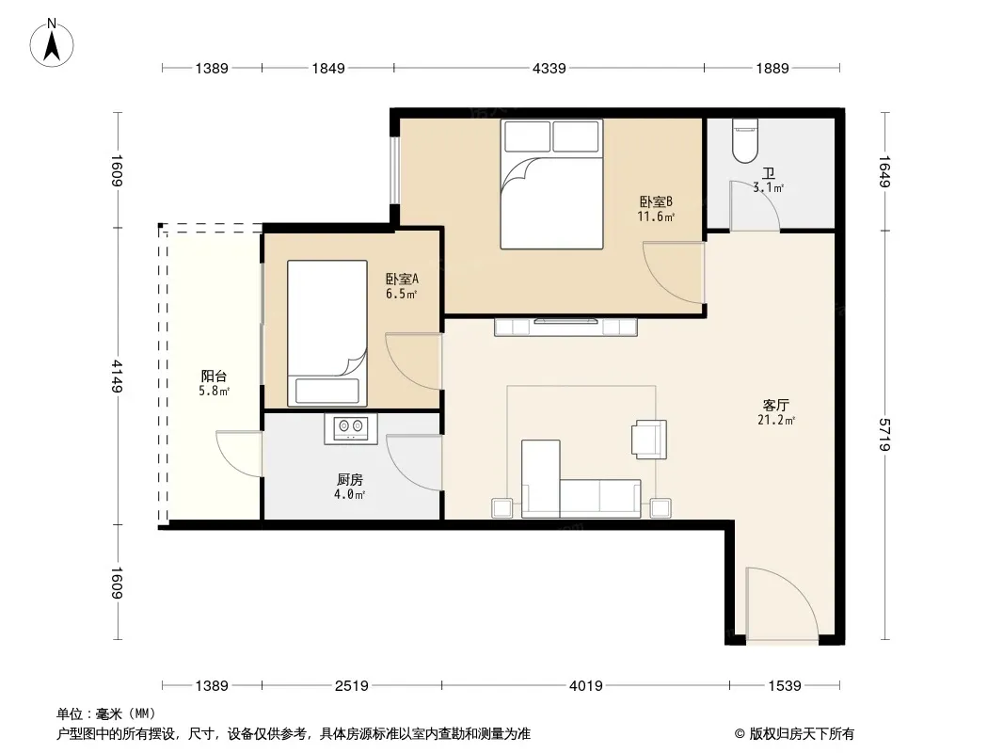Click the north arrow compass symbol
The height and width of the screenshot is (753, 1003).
click(x=52, y=43)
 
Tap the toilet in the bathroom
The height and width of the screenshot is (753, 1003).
click(x=744, y=141)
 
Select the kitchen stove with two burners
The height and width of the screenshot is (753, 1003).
click(x=351, y=428)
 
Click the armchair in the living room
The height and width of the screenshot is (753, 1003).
click(x=649, y=439)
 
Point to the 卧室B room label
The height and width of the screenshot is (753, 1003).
click(x=656, y=202)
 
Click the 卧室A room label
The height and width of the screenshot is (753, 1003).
click(x=402, y=280)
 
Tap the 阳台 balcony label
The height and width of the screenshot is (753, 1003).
click(x=214, y=376)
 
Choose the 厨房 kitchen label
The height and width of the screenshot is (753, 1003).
click(x=350, y=479)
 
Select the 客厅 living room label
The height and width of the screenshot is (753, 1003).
click(x=776, y=405)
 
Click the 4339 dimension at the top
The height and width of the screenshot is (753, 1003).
click(x=549, y=68)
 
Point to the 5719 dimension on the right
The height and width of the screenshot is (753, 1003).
click(x=884, y=435)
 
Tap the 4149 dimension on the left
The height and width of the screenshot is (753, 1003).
click(x=117, y=376)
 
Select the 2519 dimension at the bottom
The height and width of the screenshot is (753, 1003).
click(x=351, y=686)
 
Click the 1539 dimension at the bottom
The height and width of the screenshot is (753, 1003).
click(x=784, y=686)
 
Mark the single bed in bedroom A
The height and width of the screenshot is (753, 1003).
click(x=326, y=333)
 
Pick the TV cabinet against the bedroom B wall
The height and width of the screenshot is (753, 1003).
click(x=566, y=327)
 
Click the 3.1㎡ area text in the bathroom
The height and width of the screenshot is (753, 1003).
click(x=768, y=188)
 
